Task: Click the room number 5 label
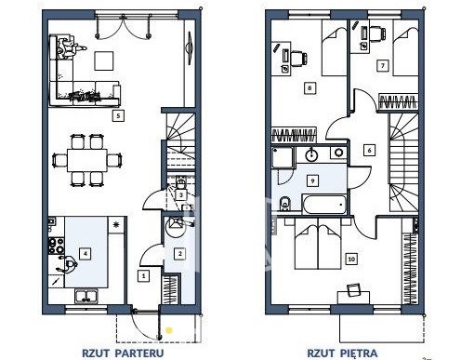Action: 118,115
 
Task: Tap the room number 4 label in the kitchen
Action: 86,254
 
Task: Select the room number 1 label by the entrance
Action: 143,275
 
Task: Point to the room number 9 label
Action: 312,180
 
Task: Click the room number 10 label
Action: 351,259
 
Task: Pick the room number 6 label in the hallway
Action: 369,150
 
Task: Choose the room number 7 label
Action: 383,66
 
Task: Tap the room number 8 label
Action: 310,88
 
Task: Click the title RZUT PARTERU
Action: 123,353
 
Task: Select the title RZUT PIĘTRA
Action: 342,353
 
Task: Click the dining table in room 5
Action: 87,160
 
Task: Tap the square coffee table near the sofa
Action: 104,60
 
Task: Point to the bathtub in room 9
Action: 324,204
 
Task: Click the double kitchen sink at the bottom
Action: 86,296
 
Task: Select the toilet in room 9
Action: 284,204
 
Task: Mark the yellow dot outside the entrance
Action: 168,330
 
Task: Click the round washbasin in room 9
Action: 310,154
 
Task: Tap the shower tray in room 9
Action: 283,157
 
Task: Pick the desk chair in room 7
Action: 376,33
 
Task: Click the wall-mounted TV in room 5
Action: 189,47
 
